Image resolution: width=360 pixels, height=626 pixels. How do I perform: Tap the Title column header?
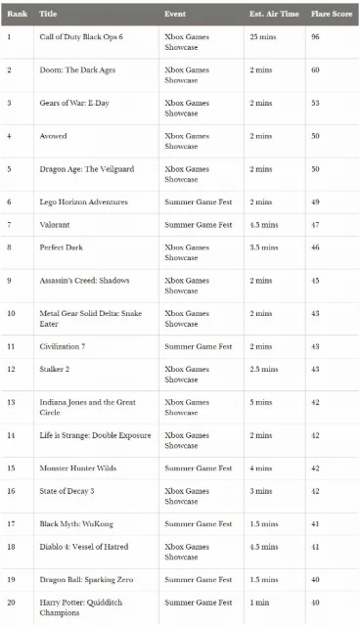click(x=48, y=15)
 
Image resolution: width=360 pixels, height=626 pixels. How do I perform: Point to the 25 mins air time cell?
click(x=263, y=36)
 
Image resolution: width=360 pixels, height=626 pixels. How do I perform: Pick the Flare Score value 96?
click(x=316, y=36)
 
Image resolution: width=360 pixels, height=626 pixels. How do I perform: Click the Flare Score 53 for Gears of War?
click(x=316, y=103)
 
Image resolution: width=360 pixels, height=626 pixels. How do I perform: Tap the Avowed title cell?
click(x=54, y=135)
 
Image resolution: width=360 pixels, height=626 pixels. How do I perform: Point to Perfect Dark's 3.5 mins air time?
click(x=264, y=247)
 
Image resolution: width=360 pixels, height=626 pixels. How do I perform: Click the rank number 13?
click(x=11, y=402)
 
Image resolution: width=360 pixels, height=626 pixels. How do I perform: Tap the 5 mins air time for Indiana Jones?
click(x=260, y=402)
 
